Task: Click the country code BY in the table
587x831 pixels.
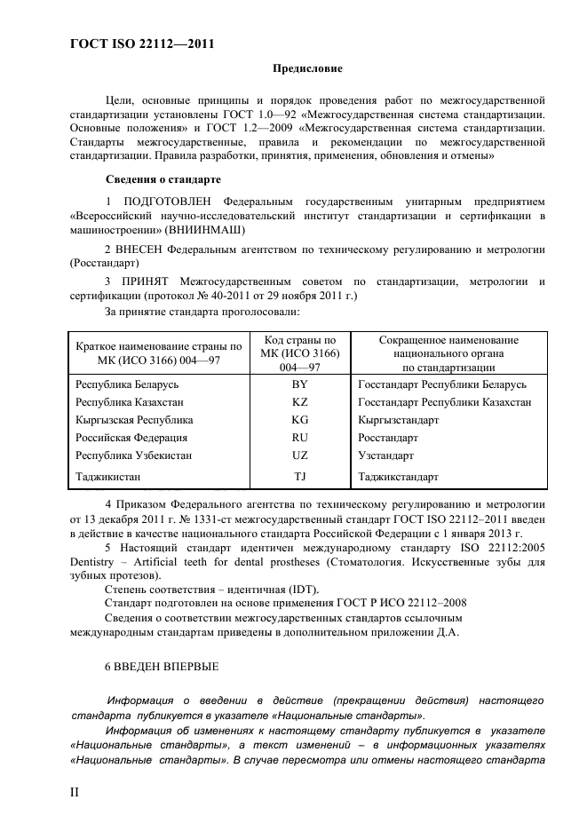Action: tap(299, 384)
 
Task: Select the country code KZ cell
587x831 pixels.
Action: tap(299, 402)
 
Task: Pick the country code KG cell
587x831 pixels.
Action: tap(299, 420)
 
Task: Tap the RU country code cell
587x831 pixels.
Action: tap(299, 438)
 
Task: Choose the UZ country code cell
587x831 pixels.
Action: tap(299, 455)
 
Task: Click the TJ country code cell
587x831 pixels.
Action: tap(299, 477)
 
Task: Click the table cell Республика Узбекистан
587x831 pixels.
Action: tap(134, 455)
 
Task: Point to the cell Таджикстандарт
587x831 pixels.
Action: tap(398, 477)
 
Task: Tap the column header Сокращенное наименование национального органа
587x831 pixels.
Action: tap(448, 353)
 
